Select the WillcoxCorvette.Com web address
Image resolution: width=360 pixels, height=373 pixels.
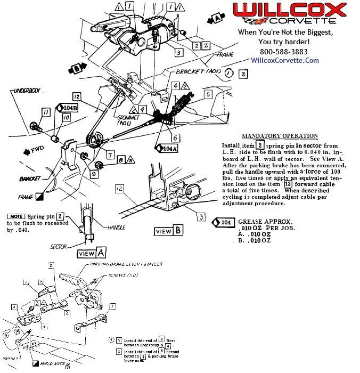pos(285,60)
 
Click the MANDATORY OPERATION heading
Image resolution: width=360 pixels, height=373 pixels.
pos(279,136)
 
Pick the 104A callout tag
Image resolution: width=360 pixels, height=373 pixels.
pos(167,149)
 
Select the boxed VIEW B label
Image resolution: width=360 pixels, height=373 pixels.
pos(169,231)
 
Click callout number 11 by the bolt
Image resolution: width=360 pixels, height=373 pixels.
pos(46,112)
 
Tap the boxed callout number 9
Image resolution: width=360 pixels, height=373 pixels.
pos(94,173)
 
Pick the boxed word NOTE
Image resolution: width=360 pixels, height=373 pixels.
pos(16,216)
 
